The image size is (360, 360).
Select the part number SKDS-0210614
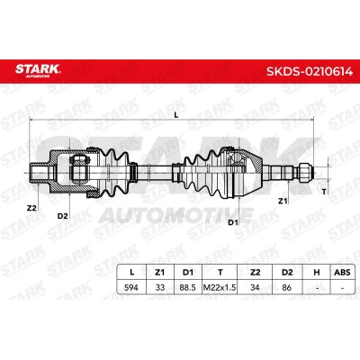(310, 72)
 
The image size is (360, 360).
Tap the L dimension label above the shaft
(176, 114)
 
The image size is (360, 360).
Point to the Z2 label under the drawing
(31, 208)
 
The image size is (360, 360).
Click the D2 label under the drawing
(63, 216)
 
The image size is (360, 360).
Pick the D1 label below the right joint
(233, 222)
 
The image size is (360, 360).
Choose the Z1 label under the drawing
(283, 201)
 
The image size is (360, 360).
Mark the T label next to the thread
(324, 192)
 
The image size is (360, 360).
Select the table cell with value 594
(131, 287)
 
